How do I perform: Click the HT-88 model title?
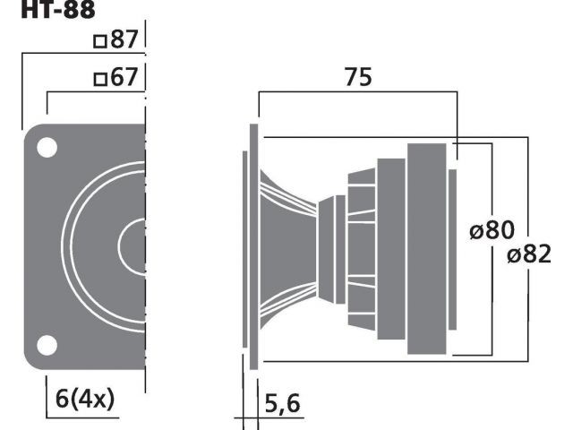58,9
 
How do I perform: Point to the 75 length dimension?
358,77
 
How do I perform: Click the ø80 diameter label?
492,230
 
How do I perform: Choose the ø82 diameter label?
529,254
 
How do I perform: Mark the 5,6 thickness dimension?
282,403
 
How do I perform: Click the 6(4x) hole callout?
85,399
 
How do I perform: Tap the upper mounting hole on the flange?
47,147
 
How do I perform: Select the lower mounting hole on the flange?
47,345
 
